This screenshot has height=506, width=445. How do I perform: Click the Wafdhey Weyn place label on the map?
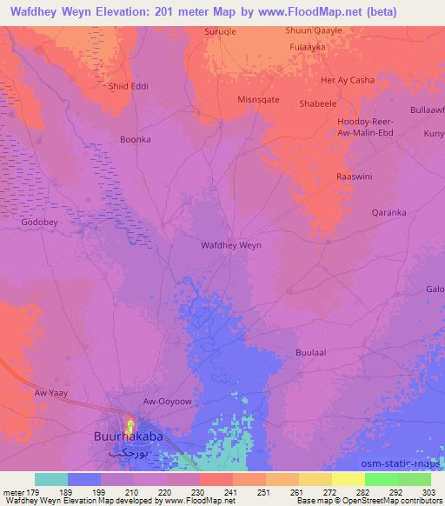tap(231, 245)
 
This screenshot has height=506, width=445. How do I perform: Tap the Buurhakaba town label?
tap(128, 439)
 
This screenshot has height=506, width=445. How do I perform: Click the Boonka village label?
tap(135, 139)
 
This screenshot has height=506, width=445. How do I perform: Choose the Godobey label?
tap(39, 222)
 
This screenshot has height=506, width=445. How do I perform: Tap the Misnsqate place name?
tap(258, 100)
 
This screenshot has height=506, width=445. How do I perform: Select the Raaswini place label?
tap(355, 176)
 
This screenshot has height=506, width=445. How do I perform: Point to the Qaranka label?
tap(389, 211)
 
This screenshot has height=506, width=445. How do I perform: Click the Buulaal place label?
tap(310, 354)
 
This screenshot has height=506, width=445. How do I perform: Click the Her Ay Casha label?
tap(348, 80)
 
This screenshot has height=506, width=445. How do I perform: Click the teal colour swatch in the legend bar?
tap(51, 479)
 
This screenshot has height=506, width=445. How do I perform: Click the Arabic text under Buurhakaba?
tap(128, 454)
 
